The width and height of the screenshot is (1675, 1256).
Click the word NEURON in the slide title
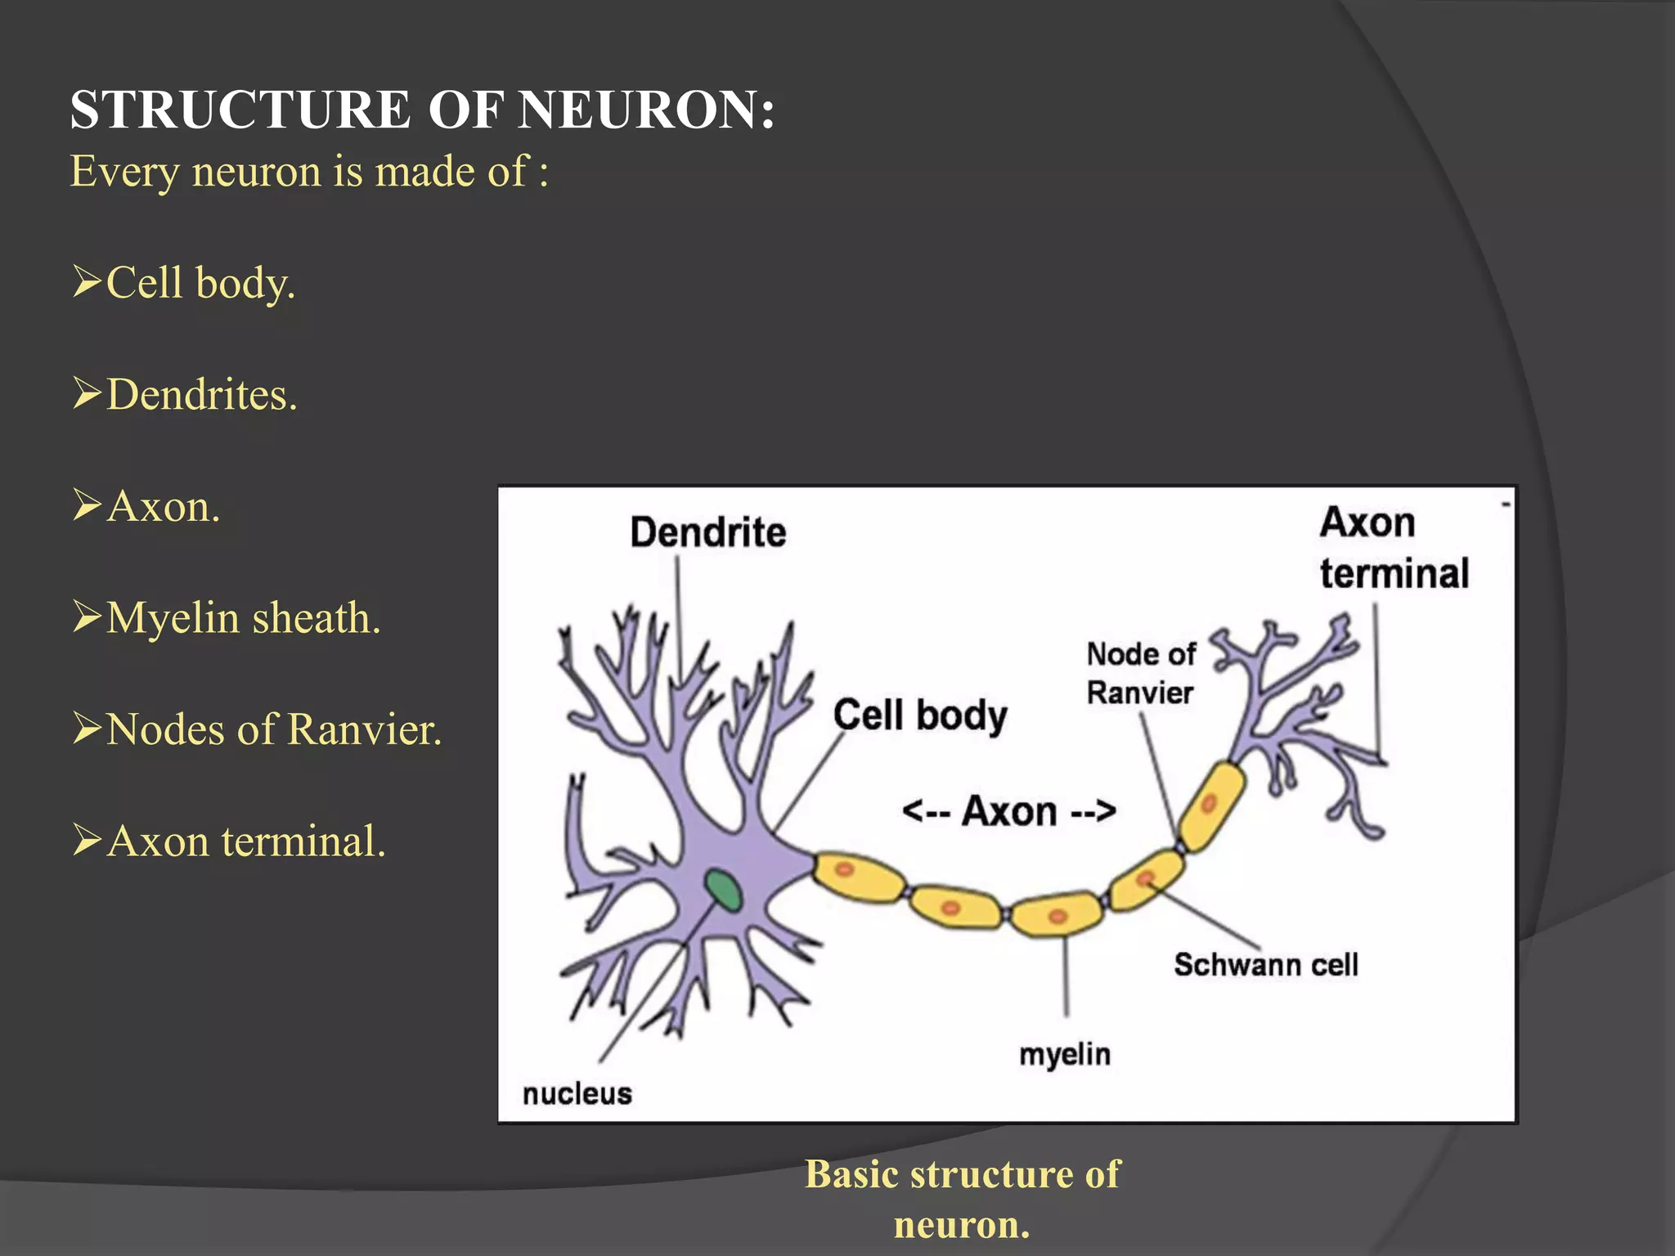[x=646, y=110]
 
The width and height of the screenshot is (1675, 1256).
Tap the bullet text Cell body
[x=200, y=283]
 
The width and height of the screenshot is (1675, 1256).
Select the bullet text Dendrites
[x=201, y=394]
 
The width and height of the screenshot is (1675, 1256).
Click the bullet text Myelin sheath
[x=243, y=617]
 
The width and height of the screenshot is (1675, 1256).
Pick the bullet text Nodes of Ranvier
[x=274, y=729]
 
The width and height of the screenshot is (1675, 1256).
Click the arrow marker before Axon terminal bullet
[x=86, y=840]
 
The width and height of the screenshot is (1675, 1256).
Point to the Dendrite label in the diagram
[x=707, y=532]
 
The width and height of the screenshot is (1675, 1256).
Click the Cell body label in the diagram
[x=920, y=715]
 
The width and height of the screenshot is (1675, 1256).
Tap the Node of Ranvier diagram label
[x=1140, y=673]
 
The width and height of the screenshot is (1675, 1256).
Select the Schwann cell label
[x=1265, y=965]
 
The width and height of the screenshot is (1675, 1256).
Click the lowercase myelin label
[x=1064, y=1055]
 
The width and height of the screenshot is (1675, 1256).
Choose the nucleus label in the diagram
[x=577, y=1093]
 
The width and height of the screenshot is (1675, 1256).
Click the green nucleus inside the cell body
[x=723, y=890]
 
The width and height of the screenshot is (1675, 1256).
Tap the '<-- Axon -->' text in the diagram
[x=1008, y=811]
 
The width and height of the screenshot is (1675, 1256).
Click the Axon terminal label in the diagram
[x=1393, y=548]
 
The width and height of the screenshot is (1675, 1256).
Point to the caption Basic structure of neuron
[x=962, y=1199]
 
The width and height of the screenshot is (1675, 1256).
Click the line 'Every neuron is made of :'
[x=309, y=172]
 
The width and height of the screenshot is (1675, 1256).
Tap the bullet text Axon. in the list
[x=164, y=506]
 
